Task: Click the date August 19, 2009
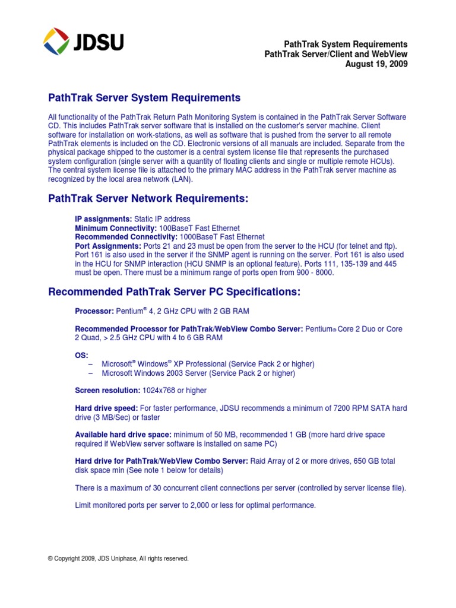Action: tap(376, 65)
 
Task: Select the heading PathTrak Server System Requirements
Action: tap(144, 98)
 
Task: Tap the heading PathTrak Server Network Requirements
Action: tap(148, 199)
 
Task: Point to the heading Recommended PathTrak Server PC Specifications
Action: tap(175, 292)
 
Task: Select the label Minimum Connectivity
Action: tap(116, 229)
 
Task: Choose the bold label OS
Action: tap(81, 354)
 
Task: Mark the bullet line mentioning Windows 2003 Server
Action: tap(198, 373)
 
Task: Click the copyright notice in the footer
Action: tap(119, 559)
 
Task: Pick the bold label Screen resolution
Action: tap(107, 391)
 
